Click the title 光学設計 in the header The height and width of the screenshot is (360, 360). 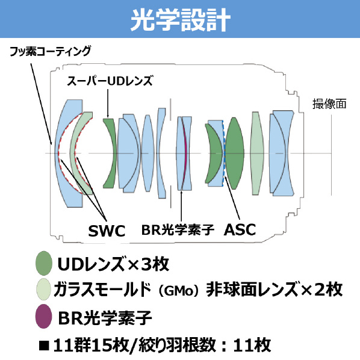180,20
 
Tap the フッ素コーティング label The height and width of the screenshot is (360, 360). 51,51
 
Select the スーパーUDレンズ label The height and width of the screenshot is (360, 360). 110,81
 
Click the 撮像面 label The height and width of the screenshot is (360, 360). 329,104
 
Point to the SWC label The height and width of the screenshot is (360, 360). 107,231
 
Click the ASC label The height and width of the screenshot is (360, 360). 240,229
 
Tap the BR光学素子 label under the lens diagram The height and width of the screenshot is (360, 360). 178,229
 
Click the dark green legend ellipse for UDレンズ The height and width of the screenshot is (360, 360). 44,263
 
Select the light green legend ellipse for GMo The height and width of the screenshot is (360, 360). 43,290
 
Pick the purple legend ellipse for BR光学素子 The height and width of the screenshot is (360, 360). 43,316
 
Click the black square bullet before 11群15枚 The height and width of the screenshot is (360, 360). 44,346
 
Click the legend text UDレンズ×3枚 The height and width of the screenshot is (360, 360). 113,264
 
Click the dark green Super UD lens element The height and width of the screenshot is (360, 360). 110,154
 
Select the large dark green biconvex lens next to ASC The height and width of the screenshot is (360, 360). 234,154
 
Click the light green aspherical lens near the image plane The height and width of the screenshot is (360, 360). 257,154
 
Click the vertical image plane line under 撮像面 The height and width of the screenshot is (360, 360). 331,155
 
